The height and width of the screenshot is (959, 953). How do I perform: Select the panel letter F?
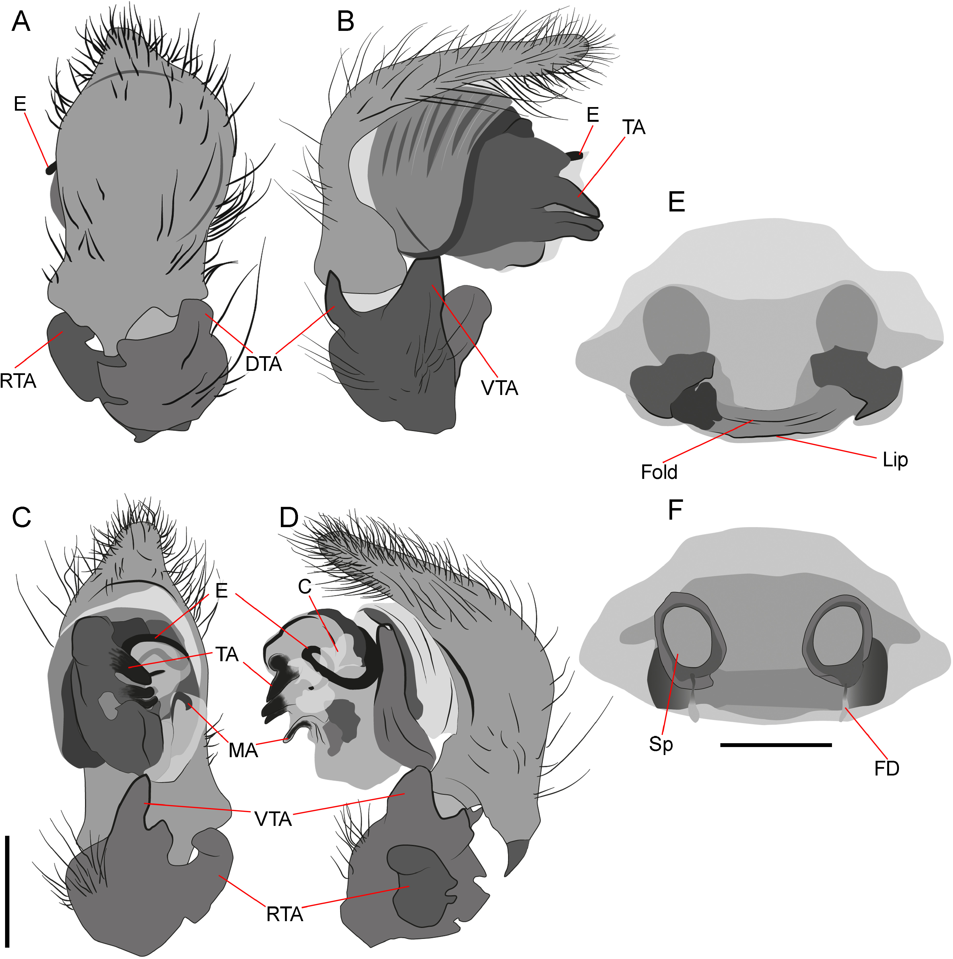pyautogui.click(x=676, y=510)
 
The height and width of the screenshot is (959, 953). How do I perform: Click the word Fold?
pyautogui.click(x=659, y=472)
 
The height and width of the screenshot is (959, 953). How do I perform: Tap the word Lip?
pyautogui.click(x=895, y=460)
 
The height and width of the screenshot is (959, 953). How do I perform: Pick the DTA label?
pyautogui.click(x=264, y=364)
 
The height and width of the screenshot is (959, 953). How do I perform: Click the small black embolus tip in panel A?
pyautogui.click(x=50, y=170)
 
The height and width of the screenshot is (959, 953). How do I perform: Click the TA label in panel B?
pyautogui.click(x=634, y=128)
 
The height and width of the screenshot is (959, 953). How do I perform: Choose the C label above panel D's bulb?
pyautogui.click(x=305, y=587)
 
